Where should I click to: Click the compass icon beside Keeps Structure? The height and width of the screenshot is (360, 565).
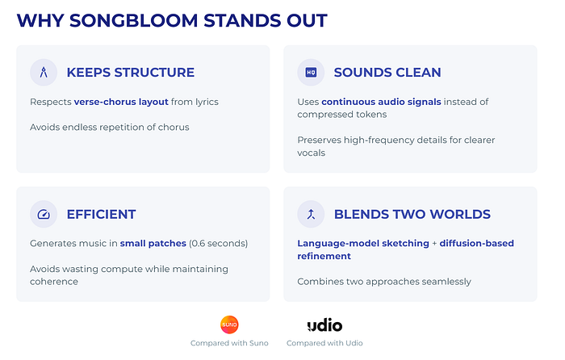tap(44, 73)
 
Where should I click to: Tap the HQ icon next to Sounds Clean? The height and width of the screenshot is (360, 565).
tap(311, 73)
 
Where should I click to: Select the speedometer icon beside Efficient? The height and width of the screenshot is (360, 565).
tap(44, 215)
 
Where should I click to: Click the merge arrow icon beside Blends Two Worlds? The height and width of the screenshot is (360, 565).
tap(311, 215)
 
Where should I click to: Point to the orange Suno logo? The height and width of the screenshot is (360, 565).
tap(229, 324)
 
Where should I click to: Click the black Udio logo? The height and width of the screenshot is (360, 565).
tap(324, 325)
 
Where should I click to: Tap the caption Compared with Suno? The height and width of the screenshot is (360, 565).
tap(229, 343)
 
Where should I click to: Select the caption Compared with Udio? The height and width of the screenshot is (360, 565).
tap(324, 343)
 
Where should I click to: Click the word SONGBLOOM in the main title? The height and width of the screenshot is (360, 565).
tap(133, 20)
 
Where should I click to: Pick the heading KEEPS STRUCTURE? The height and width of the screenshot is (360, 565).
tap(131, 73)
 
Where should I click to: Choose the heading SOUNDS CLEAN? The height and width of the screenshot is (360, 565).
tap(387, 73)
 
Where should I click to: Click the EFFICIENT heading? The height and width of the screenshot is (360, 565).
tap(101, 215)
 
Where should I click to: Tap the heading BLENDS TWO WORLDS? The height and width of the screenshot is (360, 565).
tap(412, 215)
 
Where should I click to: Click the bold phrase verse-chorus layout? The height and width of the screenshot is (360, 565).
tap(121, 102)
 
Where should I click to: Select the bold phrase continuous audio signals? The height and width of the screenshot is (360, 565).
tap(381, 102)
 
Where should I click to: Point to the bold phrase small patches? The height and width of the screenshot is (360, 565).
tap(153, 244)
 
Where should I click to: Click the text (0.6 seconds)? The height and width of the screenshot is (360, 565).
tap(219, 244)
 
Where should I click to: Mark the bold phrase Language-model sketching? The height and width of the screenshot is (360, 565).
tap(363, 244)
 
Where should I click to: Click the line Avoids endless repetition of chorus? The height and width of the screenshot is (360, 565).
tap(110, 128)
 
